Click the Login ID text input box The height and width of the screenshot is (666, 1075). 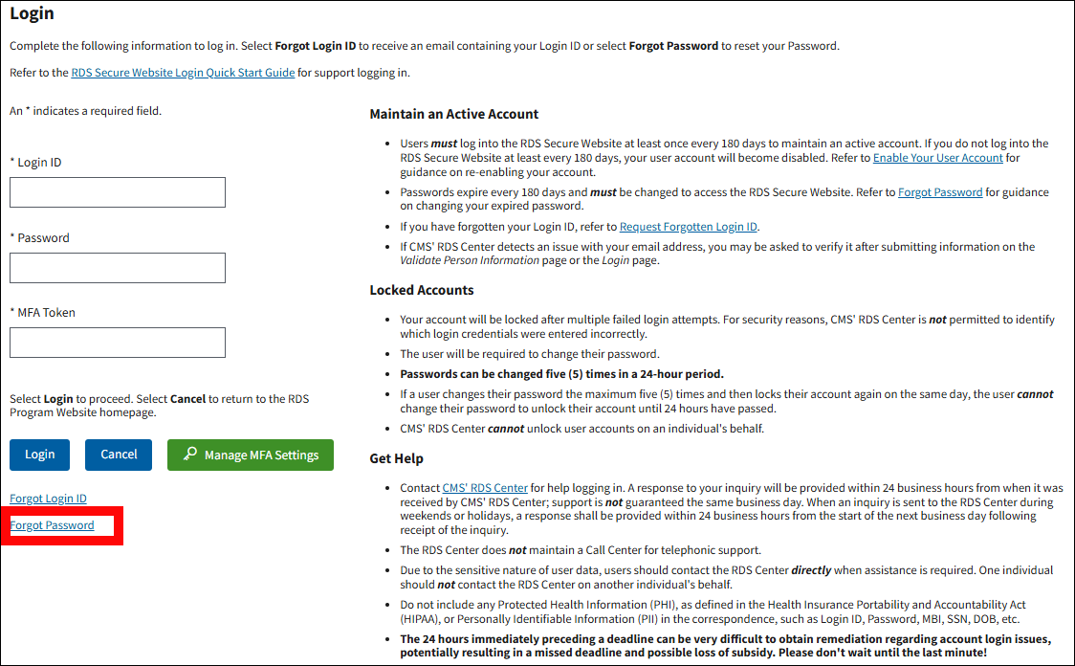coord(118,192)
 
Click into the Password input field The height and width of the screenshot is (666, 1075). coord(118,268)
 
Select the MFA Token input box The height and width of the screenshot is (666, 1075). coord(118,343)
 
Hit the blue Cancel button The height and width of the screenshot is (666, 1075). coord(119,455)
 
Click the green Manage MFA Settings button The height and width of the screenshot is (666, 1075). coord(251,455)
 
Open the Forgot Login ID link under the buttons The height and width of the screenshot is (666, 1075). coord(48,499)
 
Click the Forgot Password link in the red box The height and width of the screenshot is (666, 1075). coord(52,525)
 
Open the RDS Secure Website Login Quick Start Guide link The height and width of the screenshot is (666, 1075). coord(183,73)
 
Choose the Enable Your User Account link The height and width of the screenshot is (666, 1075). coord(937,158)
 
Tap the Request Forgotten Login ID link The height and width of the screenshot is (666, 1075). coord(689,227)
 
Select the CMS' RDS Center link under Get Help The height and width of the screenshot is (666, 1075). coord(485,488)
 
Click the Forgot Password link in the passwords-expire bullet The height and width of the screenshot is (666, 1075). coord(940,192)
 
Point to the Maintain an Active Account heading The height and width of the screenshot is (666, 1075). coord(454,114)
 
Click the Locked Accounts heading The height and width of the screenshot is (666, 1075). coord(422,290)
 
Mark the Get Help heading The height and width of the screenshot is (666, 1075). coord(396,458)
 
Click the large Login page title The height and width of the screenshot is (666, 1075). coord(32,14)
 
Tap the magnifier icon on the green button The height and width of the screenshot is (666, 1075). coord(190,455)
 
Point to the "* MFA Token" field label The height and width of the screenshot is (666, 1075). coord(42,313)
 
